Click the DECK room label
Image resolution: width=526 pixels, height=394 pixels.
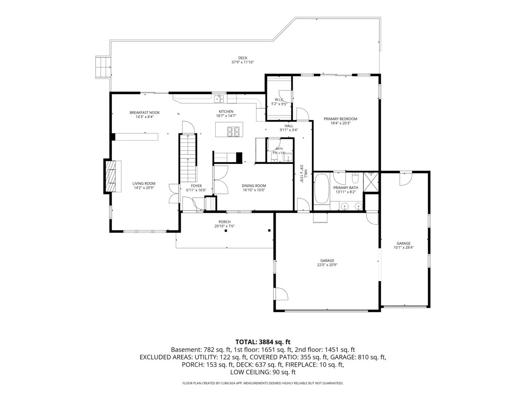coord(243,58)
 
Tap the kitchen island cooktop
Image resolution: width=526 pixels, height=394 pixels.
coord(233,132)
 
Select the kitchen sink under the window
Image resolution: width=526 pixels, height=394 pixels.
coord(219,98)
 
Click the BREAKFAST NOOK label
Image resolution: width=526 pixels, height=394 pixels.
coord(145,112)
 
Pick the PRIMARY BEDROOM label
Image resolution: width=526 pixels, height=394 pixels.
coord(340,119)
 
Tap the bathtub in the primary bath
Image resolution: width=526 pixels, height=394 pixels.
coord(321,189)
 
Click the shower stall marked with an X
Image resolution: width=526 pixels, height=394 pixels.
coord(370,182)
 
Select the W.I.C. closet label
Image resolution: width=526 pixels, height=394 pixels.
coord(279,100)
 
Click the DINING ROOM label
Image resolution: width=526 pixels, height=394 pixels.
coord(254,186)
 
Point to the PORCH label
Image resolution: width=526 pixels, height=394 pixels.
coord(224,222)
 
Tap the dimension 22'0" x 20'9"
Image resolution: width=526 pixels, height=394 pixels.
coord(327,265)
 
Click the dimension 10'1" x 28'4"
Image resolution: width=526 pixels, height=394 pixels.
coord(403,248)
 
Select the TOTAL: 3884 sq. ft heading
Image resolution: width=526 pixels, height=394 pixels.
coord(263,342)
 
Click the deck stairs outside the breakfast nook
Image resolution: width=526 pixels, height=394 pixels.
coord(103,67)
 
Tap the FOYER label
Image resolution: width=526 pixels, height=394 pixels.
coord(196,186)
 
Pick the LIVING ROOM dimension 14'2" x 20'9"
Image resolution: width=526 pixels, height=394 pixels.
coord(144,188)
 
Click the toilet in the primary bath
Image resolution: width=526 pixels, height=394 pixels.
coord(355,178)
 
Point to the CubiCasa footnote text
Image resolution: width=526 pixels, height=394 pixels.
coord(263,383)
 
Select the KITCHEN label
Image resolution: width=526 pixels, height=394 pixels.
coord(226,112)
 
